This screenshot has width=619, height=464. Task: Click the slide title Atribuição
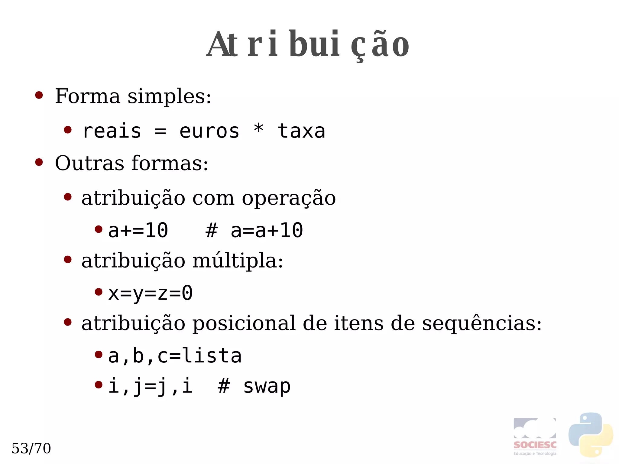click(308, 44)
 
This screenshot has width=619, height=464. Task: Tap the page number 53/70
click(31, 448)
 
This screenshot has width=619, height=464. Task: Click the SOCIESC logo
click(535, 436)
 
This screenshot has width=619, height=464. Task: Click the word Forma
click(87, 96)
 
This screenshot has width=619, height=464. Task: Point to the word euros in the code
click(209, 131)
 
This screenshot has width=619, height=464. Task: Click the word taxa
click(301, 131)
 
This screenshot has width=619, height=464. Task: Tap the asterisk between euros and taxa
click(259, 129)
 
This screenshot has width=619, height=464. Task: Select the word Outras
click(89, 163)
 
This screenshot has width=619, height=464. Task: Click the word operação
click(289, 199)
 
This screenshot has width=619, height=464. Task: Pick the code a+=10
click(138, 230)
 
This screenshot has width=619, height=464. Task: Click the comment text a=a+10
click(267, 230)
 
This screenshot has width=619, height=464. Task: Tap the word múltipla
click(237, 261)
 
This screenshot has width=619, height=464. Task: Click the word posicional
click(244, 323)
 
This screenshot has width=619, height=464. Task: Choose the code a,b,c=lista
click(175, 356)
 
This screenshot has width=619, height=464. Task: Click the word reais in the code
click(112, 131)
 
